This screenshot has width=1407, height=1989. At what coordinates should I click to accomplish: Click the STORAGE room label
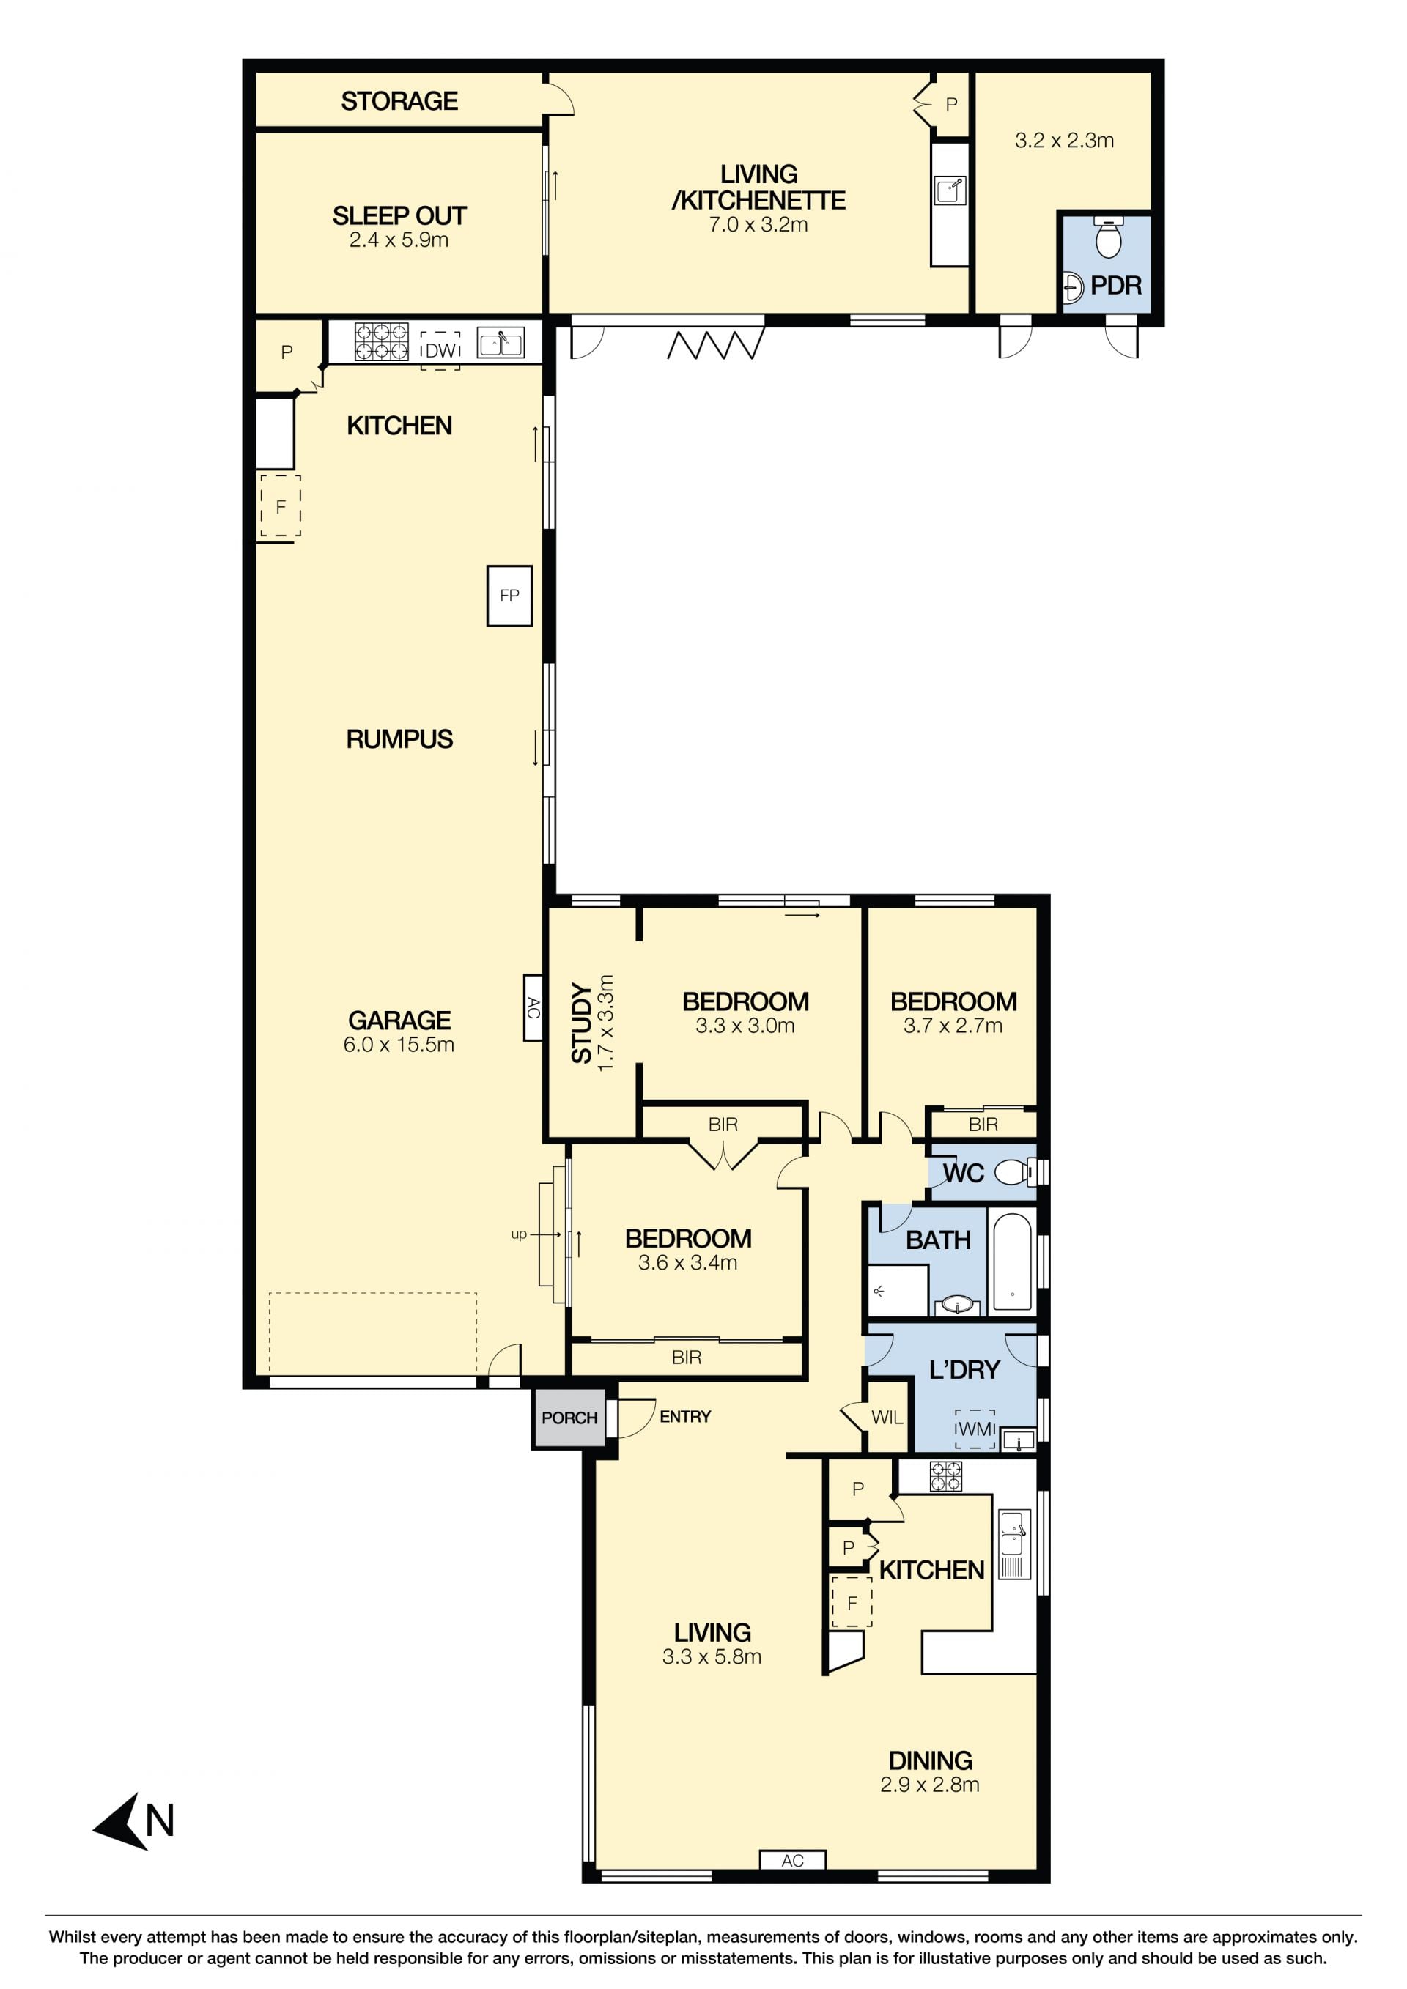(x=399, y=101)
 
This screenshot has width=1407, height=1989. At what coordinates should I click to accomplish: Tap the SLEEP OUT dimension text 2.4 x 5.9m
(x=399, y=240)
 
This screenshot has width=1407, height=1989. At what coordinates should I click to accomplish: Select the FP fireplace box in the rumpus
(x=509, y=595)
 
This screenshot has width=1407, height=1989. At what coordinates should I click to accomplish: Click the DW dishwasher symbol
(x=440, y=351)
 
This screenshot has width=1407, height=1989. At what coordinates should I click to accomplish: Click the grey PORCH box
(x=569, y=1418)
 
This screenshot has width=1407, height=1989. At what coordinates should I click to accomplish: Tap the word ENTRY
(x=685, y=1416)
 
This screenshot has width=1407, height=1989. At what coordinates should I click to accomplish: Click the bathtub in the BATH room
(x=1012, y=1262)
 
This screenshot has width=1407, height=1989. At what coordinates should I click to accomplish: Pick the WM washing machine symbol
(x=975, y=1429)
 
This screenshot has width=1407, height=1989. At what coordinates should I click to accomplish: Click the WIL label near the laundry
(x=886, y=1418)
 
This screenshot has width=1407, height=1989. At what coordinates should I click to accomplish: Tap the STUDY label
(x=582, y=1023)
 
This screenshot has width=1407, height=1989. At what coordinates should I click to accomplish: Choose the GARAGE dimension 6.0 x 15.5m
(x=399, y=1045)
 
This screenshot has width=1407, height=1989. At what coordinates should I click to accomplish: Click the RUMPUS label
(x=399, y=739)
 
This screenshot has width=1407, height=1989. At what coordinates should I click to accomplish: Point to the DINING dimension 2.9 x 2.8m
(x=930, y=1785)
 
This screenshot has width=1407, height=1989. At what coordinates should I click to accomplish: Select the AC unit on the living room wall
(x=792, y=1860)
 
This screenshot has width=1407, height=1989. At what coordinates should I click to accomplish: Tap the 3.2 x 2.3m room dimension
(x=1064, y=141)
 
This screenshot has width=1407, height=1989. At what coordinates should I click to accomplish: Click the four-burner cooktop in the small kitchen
(x=945, y=1476)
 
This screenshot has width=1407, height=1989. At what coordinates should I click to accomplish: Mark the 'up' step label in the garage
(x=519, y=1234)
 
